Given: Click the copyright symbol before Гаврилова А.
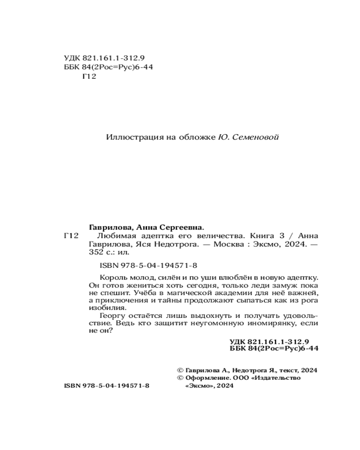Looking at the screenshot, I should point(181,370).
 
